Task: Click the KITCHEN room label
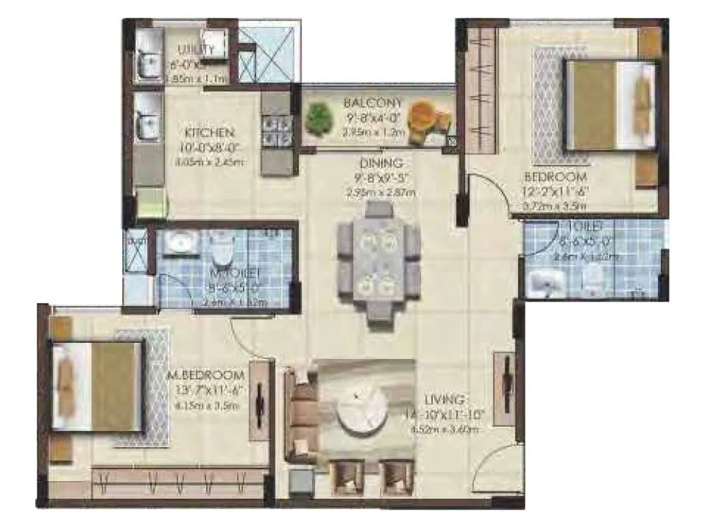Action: click(x=210, y=133)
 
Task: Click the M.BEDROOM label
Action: click(x=206, y=375)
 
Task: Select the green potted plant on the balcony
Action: click(x=320, y=117)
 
